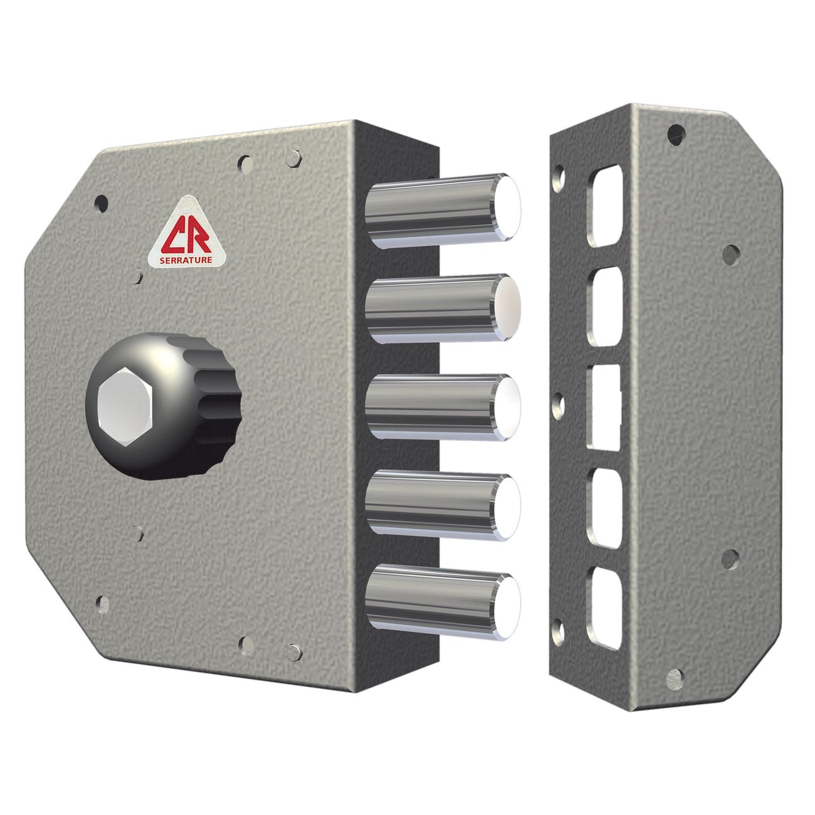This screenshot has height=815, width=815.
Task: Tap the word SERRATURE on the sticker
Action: click(186, 260)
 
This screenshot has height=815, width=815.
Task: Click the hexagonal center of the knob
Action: click(124, 406)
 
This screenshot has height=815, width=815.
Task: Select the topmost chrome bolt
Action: click(443, 211)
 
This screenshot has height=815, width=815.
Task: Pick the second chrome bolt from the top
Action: click(443, 308)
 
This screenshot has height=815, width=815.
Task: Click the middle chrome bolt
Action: click(443, 407)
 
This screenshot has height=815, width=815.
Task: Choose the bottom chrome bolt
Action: click(443, 602)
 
